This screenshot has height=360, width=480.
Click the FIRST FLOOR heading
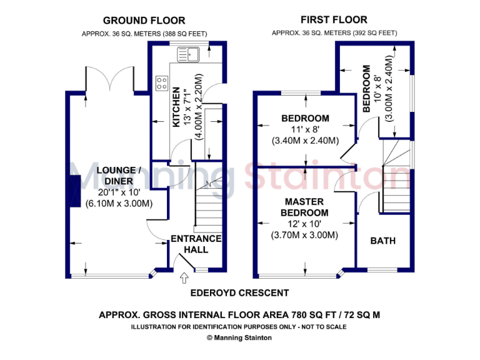[x=334, y=20]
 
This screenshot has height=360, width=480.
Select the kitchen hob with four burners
[x=161, y=82]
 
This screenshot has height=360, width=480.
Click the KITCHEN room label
[x=177, y=107]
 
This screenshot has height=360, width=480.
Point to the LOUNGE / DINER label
[x=113, y=175]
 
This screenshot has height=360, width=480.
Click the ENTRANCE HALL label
[x=196, y=244]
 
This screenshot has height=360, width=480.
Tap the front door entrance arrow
[x=185, y=277]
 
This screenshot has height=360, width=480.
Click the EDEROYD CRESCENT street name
[x=240, y=292]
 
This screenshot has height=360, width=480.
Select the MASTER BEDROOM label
[x=304, y=207]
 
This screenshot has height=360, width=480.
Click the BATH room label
[x=383, y=241]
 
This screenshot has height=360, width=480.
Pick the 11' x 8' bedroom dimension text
[x=305, y=129]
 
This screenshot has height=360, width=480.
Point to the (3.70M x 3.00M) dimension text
[x=304, y=236]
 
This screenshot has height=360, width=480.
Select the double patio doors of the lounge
[x=110, y=79]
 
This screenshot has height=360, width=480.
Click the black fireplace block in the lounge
[x=74, y=191]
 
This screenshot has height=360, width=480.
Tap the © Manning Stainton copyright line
[x=240, y=337]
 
